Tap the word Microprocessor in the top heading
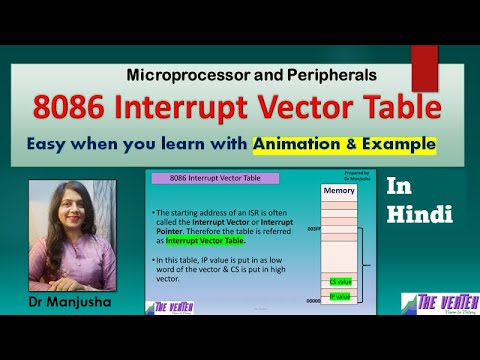184,75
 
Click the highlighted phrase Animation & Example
345,143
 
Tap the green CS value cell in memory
340,282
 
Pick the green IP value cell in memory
340,296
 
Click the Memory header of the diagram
340,190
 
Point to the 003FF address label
314,229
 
